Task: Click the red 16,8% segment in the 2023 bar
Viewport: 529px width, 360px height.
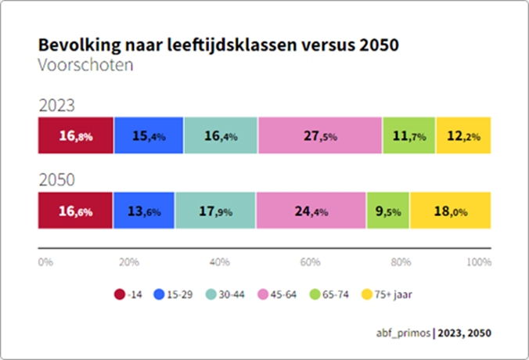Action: tap(76, 136)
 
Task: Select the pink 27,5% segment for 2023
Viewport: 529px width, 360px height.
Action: tap(319, 136)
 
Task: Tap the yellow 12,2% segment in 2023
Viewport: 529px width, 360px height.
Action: tap(463, 136)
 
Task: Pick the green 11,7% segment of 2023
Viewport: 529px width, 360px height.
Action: tap(408, 136)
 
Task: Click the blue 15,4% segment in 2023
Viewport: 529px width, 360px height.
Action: tap(148, 136)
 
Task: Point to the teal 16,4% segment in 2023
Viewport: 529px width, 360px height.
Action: tap(220, 136)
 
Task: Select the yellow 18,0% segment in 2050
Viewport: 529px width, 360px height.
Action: tap(450, 211)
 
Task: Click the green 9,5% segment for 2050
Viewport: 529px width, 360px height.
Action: tap(388, 211)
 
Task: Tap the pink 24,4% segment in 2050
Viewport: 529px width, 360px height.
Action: tap(311, 211)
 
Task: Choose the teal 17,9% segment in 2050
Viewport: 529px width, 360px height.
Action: tap(215, 211)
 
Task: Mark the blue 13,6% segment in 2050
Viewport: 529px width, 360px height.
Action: tap(144, 211)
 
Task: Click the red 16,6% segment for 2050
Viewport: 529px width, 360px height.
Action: tap(75, 211)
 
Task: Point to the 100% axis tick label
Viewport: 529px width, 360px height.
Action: tap(478, 262)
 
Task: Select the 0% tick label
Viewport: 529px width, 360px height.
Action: tap(45, 262)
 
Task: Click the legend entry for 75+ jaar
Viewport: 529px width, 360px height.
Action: tap(391, 295)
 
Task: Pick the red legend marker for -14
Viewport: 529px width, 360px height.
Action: tap(120, 295)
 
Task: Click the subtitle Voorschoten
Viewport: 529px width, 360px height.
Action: tap(85, 64)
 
